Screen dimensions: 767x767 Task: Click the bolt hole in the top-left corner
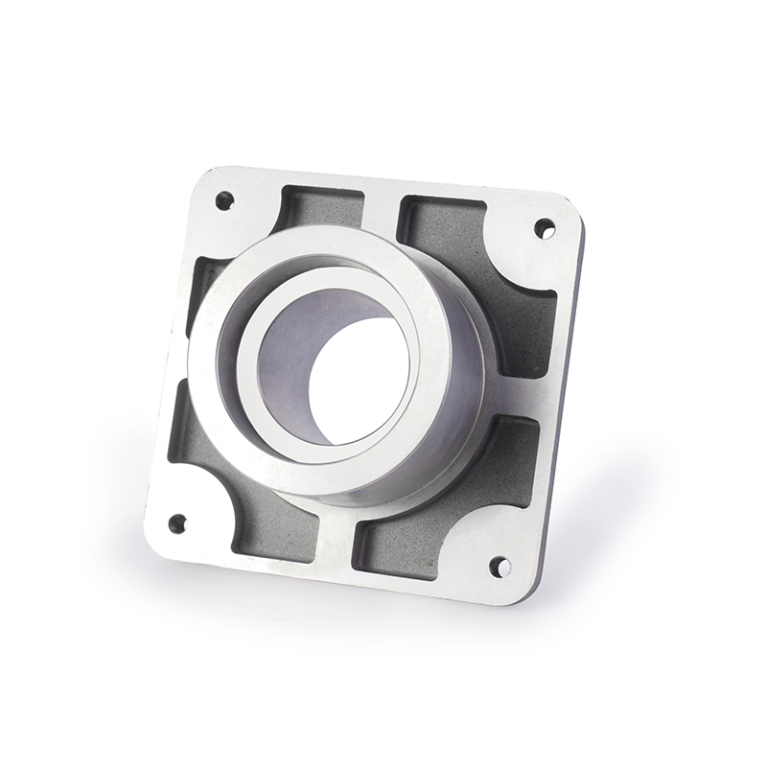tap(224, 200)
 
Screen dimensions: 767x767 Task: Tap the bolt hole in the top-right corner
tap(544, 228)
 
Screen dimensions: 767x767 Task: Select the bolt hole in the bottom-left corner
tap(177, 523)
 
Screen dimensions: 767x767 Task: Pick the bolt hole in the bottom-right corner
tap(500, 567)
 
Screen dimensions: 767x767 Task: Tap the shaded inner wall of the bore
tap(288, 355)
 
